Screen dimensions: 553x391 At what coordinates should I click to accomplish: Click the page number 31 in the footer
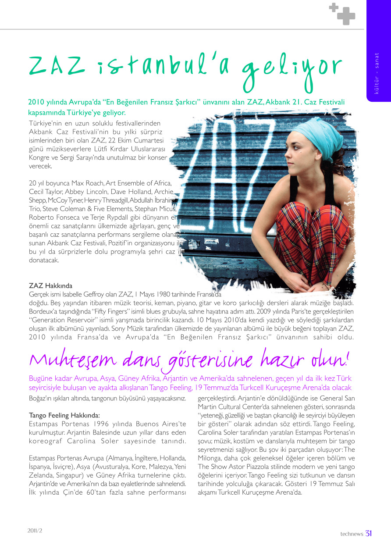pos(369,533)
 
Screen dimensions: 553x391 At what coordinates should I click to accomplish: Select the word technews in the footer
pos(352,534)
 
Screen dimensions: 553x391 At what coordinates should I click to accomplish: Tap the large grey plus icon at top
pos(346,16)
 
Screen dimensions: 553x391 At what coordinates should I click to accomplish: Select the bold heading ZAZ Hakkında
pos(50,286)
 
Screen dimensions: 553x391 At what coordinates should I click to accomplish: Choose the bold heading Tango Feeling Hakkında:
pos(64,415)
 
